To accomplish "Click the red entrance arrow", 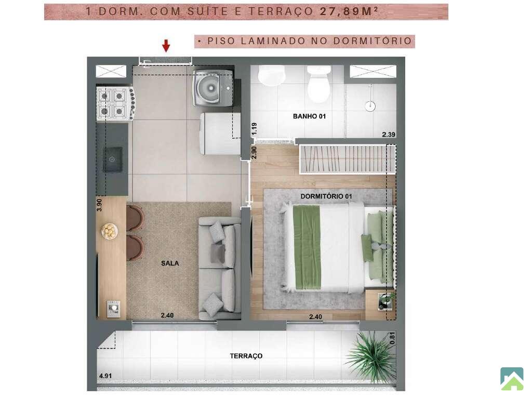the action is coord(166,46).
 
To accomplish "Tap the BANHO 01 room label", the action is coord(309,116).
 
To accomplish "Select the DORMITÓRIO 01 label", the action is coord(326,196).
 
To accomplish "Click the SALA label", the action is coord(170,263).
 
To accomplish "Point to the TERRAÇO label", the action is coord(246,356).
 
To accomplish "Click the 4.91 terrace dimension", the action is coord(105,376).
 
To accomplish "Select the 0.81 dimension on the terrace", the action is coord(392,338).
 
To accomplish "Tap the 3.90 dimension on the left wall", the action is coord(99,205).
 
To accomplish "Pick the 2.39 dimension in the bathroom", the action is coord(389,135).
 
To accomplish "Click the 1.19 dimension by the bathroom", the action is coord(254,129).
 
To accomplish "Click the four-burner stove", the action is coord(116,103).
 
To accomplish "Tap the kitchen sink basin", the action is coord(112,159).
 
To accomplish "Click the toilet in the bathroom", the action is coord(318,84).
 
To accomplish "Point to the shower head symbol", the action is coord(370,106).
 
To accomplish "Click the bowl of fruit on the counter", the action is coord(110,231).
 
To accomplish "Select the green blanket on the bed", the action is coord(308,247).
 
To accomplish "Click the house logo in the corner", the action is coord(512,379).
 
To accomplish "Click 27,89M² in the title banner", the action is coord(349,11).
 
